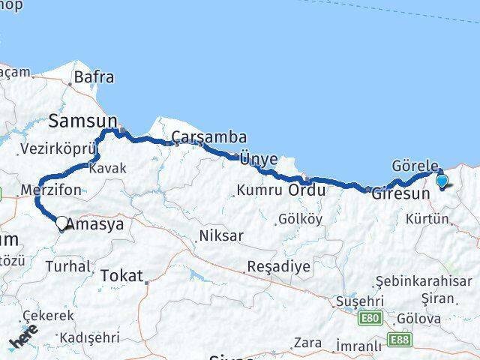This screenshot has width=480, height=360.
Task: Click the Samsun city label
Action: coord(83,120)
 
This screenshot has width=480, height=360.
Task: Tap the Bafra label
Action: coord(94,76)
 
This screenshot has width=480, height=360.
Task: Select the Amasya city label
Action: coord(95,223)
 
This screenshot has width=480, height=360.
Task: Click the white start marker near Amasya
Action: coord(62,222)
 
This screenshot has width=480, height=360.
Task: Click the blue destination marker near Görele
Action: coord(442,181)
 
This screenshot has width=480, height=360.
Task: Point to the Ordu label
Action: coord(307,190)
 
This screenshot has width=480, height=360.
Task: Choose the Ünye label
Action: coord(259,159)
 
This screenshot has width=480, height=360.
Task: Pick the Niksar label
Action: coord(220,236)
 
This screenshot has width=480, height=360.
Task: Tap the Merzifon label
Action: coord(52,190)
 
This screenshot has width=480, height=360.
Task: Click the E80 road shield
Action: coord(369,319)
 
